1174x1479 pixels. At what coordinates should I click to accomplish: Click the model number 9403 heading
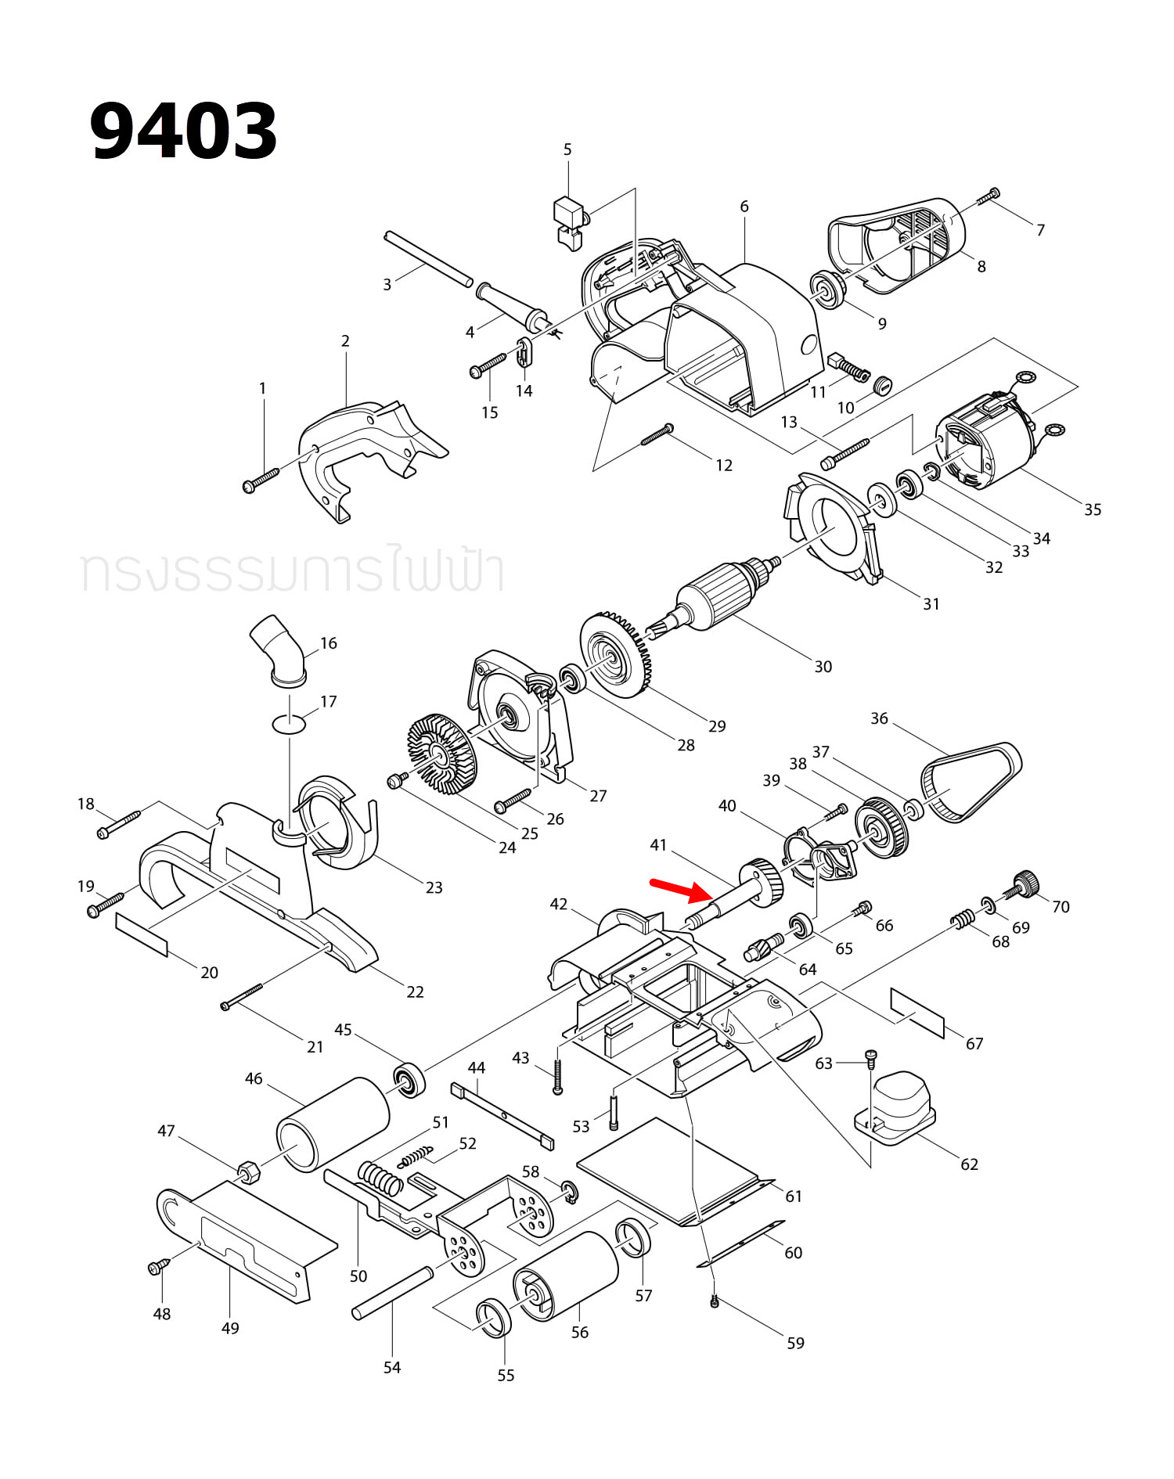click(184, 131)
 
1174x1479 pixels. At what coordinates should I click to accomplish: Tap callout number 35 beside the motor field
click(1093, 509)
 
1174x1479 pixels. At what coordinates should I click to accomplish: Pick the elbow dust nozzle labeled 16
click(279, 651)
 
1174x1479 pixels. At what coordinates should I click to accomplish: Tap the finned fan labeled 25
click(442, 751)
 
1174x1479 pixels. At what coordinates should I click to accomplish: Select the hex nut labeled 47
click(248, 1171)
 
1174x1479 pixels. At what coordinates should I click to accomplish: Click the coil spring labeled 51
click(380, 1177)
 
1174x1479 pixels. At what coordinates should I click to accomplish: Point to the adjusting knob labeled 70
click(1024, 884)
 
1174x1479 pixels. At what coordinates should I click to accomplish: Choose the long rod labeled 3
click(428, 258)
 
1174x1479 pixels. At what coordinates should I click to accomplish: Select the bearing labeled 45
click(409, 1081)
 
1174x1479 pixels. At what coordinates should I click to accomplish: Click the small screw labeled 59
click(714, 1301)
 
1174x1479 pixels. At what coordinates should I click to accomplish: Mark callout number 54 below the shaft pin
click(392, 1367)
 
